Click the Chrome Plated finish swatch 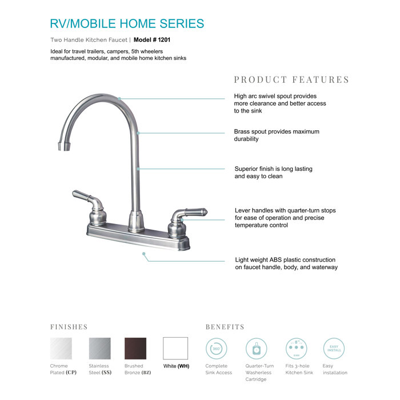(x=61, y=348)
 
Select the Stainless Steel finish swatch (x=99, y=348)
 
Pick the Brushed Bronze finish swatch (x=135, y=348)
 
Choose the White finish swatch (x=175, y=348)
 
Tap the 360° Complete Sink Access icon (x=217, y=348)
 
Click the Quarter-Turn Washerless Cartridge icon (x=257, y=348)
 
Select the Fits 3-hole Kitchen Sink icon (x=297, y=348)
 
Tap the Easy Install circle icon (x=334, y=348)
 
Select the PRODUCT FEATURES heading (x=291, y=79)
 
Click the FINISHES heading (x=69, y=327)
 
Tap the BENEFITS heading (x=225, y=327)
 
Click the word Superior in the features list (x=249, y=169)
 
